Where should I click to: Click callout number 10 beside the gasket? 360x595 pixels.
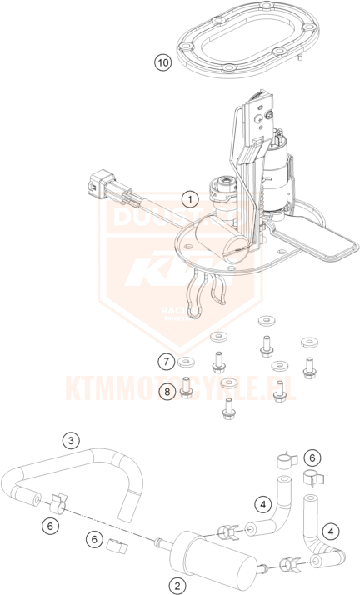pyautogui.click(x=163, y=62)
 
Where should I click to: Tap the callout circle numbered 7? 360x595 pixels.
pyautogui.click(x=167, y=361)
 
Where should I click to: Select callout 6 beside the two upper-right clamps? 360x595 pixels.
pyautogui.click(x=311, y=457)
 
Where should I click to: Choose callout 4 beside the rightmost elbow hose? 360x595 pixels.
pyautogui.click(x=332, y=529)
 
